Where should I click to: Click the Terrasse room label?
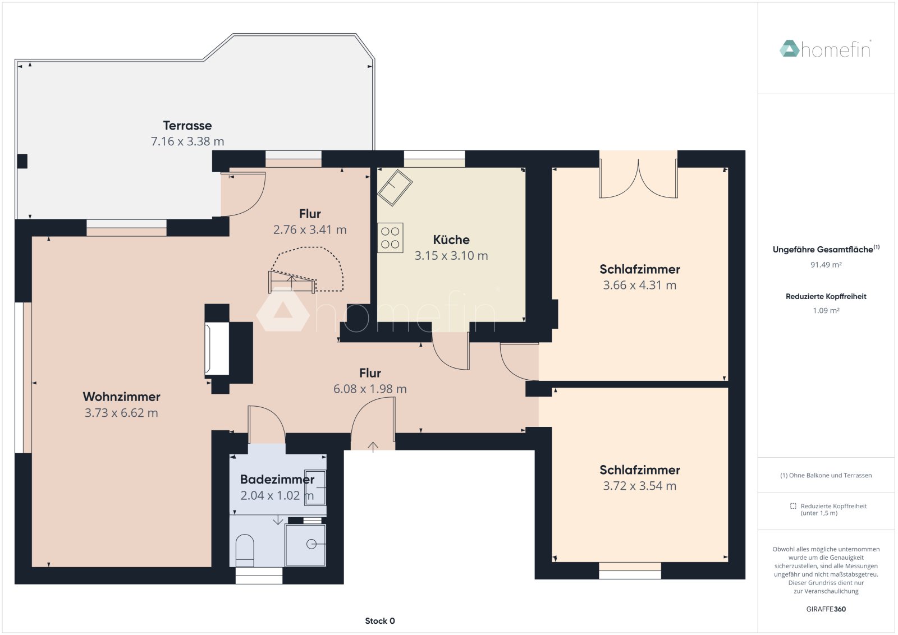[x=187, y=126]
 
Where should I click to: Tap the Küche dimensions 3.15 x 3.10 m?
[x=451, y=256]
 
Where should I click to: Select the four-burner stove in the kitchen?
[x=390, y=238]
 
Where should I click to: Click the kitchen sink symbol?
[x=395, y=187]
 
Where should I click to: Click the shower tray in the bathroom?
[x=306, y=544]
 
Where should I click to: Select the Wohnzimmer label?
[x=121, y=397]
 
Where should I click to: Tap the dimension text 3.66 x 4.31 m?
[x=639, y=285]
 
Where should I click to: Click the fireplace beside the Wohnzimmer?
[x=217, y=348]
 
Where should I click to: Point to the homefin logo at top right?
[x=826, y=49]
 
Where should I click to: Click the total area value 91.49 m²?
[x=826, y=265]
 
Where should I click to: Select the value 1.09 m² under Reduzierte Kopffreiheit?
[x=826, y=310]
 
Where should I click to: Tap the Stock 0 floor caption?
[x=380, y=621]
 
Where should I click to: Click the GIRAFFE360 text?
[x=826, y=609]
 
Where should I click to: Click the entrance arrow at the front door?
[x=373, y=447]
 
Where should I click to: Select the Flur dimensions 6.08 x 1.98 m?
[x=370, y=389]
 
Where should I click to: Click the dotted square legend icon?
[x=793, y=506]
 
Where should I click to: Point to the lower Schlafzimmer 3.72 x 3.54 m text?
[x=639, y=486]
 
